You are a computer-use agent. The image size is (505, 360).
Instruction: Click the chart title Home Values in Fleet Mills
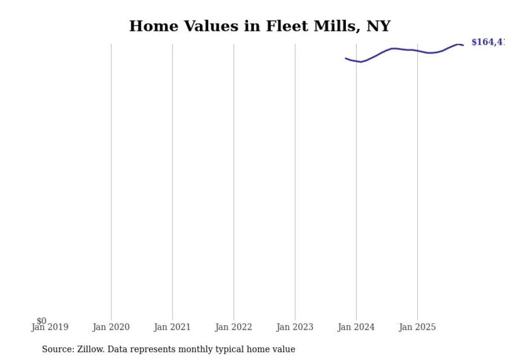pyautogui.click(x=260, y=26)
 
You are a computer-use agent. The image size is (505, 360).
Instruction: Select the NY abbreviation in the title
pyautogui.click(x=378, y=26)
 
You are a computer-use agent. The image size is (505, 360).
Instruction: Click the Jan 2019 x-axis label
pyautogui.click(x=49, y=327)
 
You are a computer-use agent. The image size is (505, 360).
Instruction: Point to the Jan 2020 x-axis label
pyautogui.click(x=111, y=327)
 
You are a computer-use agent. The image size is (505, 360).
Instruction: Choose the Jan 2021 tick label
pyautogui.click(x=172, y=327)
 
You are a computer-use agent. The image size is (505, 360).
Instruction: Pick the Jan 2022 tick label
pyautogui.click(x=233, y=327)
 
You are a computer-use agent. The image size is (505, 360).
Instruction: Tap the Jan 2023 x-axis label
pyautogui.click(x=295, y=327)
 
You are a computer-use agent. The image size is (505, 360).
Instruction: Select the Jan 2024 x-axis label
pyautogui.click(x=356, y=327)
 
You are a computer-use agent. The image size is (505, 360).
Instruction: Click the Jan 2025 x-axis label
pyautogui.click(x=417, y=327)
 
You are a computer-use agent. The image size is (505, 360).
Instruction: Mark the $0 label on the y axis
pyautogui.click(x=41, y=321)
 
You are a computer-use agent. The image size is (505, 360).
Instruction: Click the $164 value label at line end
pyautogui.click(x=487, y=42)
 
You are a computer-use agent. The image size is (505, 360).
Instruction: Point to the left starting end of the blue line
pyautogui.click(x=346, y=58)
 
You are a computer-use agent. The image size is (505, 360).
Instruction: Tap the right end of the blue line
pyautogui.click(x=463, y=45)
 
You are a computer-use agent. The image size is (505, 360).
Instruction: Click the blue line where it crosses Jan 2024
pyautogui.click(x=356, y=61)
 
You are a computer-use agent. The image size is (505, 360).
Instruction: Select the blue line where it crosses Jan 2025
pyautogui.click(x=417, y=50)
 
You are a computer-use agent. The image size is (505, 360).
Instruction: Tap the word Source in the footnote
pyautogui.click(x=57, y=349)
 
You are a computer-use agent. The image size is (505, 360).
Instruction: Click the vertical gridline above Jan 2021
pyautogui.click(x=172, y=180)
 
